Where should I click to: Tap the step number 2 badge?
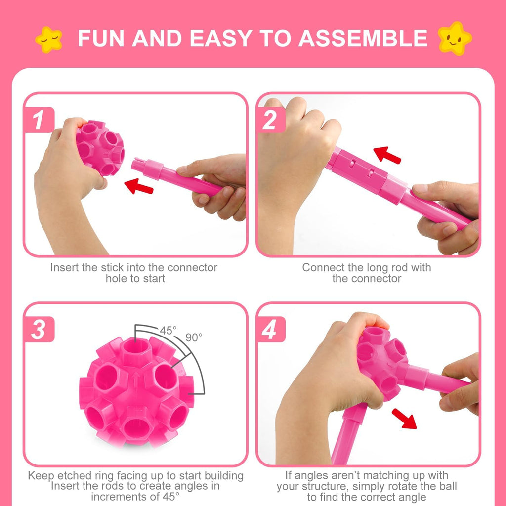pyautogui.click(x=270, y=120)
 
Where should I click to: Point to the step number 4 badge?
pyautogui.click(x=270, y=330)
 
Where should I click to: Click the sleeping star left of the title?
pyautogui.click(x=49, y=39)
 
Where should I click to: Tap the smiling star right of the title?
pyautogui.click(x=455, y=38)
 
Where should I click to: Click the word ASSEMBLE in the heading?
pyautogui.click(x=363, y=39)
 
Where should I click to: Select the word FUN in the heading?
pyautogui.click(x=101, y=39)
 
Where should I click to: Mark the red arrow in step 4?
pyautogui.click(x=404, y=418)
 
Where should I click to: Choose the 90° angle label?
pyautogui.click(x=194, y=337)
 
